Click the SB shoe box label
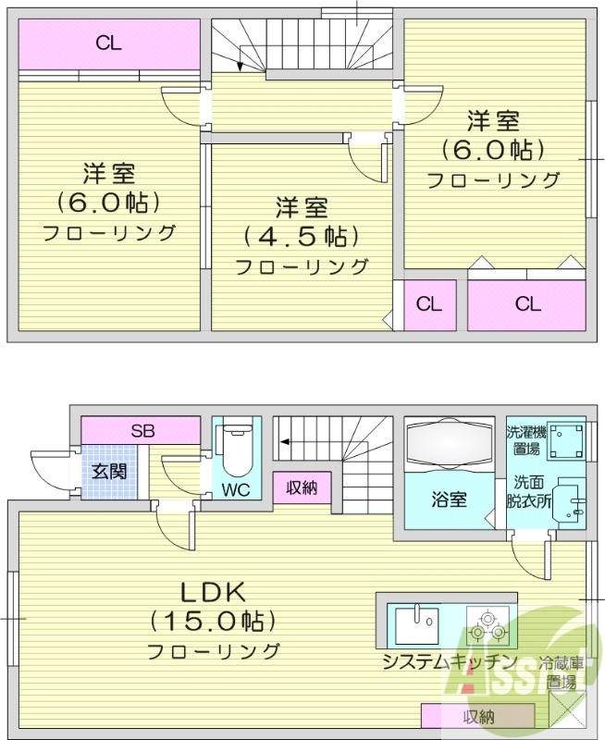point(142,430)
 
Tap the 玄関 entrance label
point(108,470)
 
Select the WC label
point(235,489)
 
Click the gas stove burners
point(488,627)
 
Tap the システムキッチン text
point(449,661)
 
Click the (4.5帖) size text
point(301,236)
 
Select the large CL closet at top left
point(108,43)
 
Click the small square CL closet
point(427,303)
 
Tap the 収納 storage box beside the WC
point(302,487)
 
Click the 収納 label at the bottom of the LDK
point(478,716)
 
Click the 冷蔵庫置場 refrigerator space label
point(562,672)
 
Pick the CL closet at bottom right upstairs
point(527,303)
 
